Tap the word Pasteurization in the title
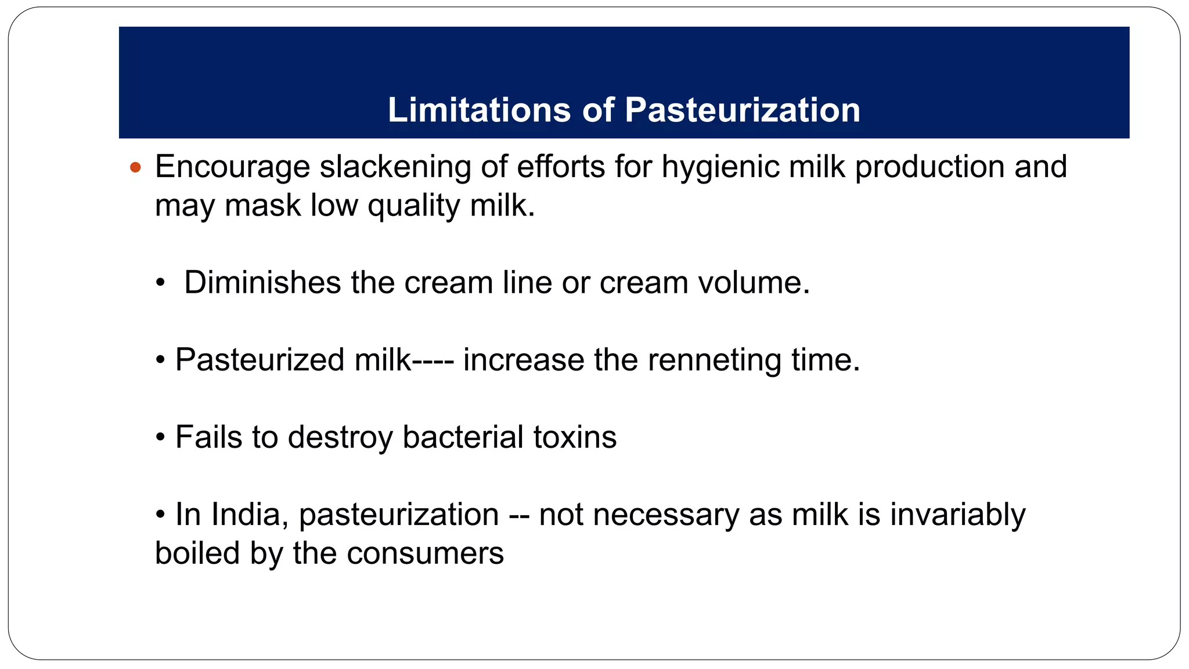tap(743, 110)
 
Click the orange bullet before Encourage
tap(136, 168)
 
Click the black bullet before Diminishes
tap(160, 284)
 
